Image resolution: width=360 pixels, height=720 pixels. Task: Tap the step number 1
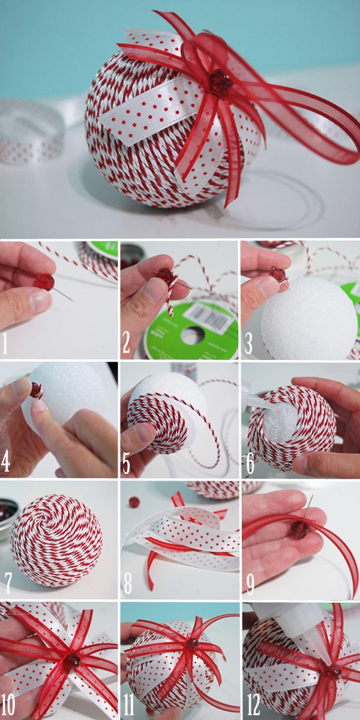[5, 344]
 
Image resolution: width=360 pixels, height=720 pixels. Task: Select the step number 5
[126, 463]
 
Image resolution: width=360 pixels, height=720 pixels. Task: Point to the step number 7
[8, 582]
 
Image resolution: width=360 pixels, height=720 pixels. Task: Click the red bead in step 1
[45, 282]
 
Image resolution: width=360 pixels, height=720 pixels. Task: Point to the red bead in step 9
[299, 529]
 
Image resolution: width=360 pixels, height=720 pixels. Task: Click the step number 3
[248, 343]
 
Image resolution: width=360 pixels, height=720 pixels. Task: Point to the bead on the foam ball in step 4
[37, 390]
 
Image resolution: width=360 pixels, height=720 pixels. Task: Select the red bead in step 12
[334, 671]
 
